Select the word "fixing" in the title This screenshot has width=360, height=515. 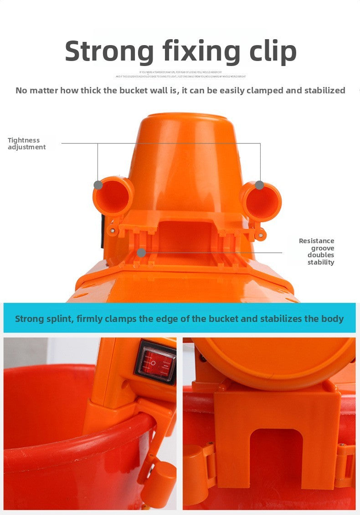coord(200,51)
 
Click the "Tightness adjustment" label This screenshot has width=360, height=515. coord(26,143)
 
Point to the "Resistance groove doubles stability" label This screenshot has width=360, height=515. coord(317,251)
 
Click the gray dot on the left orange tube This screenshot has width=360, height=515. coord(98,185)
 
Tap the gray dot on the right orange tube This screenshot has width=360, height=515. coord(259,185)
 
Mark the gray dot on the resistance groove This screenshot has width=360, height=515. coord(142,252)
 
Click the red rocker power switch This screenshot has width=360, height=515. coord(156,362)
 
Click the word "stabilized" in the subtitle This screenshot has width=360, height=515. coord(321,90)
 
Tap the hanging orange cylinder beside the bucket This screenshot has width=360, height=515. coord(159,483)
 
